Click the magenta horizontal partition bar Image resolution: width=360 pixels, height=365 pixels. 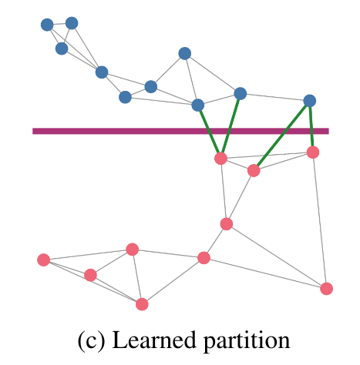click(x=180, y=131)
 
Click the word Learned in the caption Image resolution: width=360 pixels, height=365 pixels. click(x=154, y=340)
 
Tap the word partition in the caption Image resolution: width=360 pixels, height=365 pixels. click(x=247, y=341)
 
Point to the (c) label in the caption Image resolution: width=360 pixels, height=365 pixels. click(x=92, y=340)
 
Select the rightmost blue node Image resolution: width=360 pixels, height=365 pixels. click(x=310, y=101)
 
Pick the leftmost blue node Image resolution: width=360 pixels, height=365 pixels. click(x=47, y=25)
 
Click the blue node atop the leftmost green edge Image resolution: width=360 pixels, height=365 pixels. click(x=198, y=105)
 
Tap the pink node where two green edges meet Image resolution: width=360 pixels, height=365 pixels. click(x=220, y=159)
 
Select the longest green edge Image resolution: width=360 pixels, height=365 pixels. click(x=282, y=136)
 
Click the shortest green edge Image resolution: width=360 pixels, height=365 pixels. click(x=311, y=126)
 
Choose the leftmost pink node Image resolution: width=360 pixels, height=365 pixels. click(x=44, y=260)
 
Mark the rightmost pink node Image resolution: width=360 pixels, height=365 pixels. click(x=327, y=289)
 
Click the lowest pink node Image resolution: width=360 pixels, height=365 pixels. click(x=142, y=304)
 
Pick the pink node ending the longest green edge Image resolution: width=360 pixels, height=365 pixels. click(x=254, y=171)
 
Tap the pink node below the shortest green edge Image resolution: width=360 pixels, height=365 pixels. click(x=313, y=152)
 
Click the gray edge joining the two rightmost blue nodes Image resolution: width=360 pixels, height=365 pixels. click(x=275, y=97)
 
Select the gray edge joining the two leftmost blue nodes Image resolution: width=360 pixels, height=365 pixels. click(x=59, y=24)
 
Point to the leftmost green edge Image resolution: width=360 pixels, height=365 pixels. click(x=209, y=132)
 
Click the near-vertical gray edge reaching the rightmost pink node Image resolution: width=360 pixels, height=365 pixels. click(x=320, y=221)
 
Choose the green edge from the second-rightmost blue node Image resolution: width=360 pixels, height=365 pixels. click(x=230, y=126)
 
